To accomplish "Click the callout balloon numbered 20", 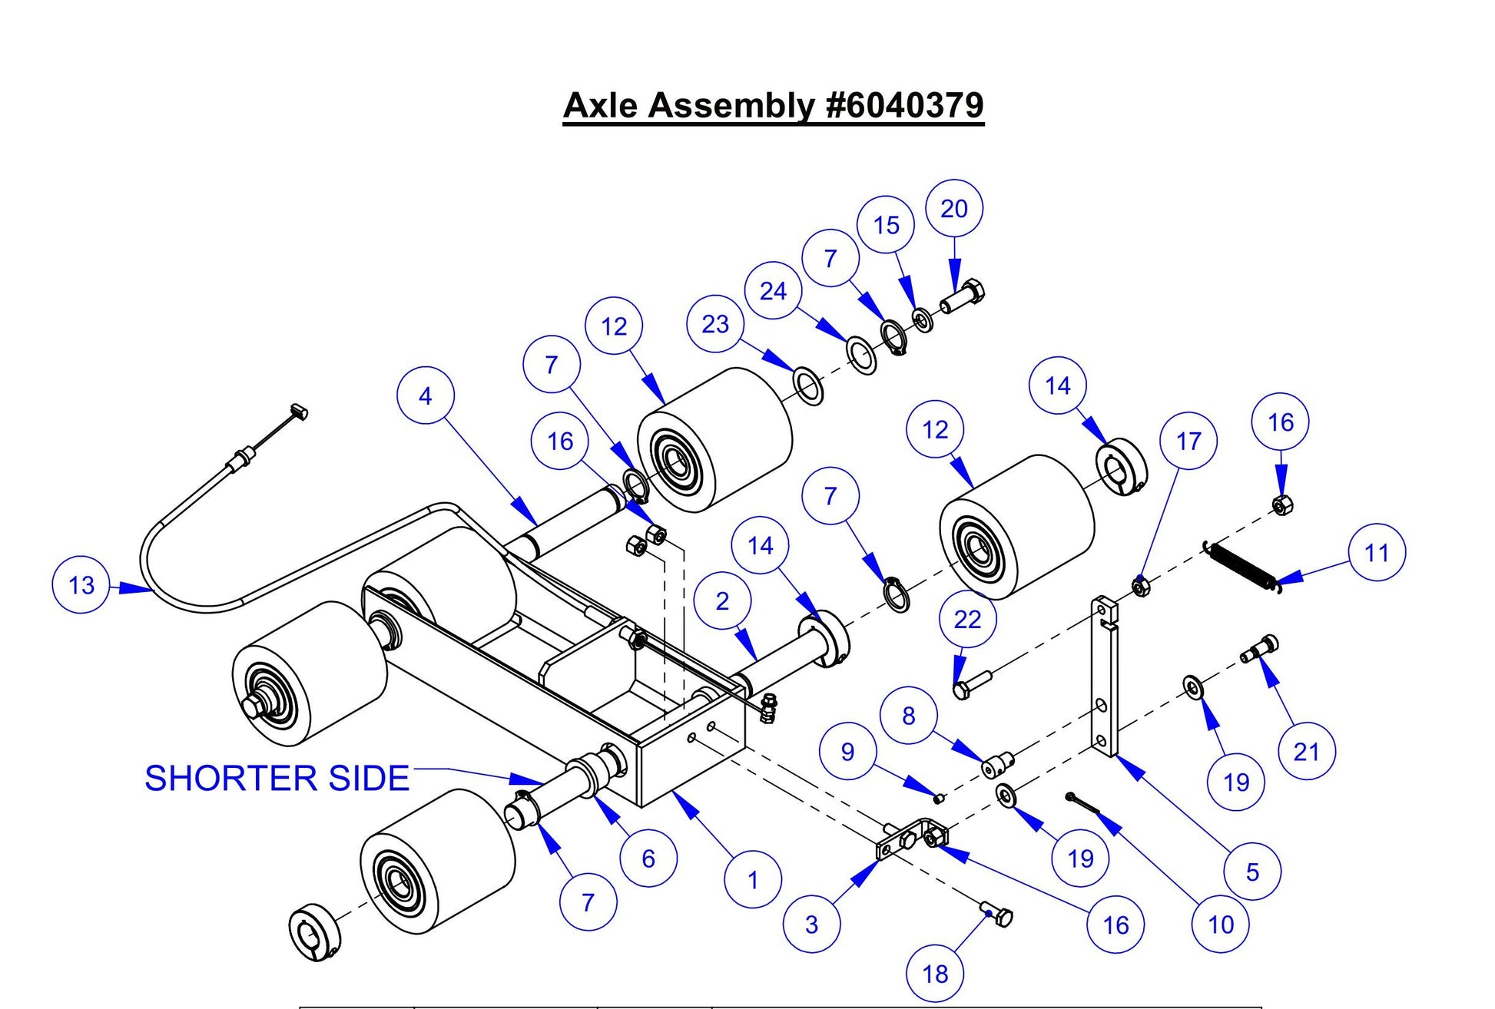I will click(954, 209).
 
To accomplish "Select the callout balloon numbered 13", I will click(81, 585).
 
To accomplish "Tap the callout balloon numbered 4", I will click(425, 396).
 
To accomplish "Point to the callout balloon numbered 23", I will click(714, 324).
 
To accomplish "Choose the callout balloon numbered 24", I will click(773, 291).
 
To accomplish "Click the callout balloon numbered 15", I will click(886, 225).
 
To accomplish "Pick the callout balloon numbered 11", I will click(1376, 552).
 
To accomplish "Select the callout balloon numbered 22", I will click(967, 619).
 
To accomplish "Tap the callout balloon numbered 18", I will click(935, 974).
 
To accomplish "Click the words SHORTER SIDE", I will click(277, 779).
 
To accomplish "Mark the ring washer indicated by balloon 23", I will click(807, 386).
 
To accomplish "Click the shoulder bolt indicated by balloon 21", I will click(1259, 650).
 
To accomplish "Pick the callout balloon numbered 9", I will click(847, 751).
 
